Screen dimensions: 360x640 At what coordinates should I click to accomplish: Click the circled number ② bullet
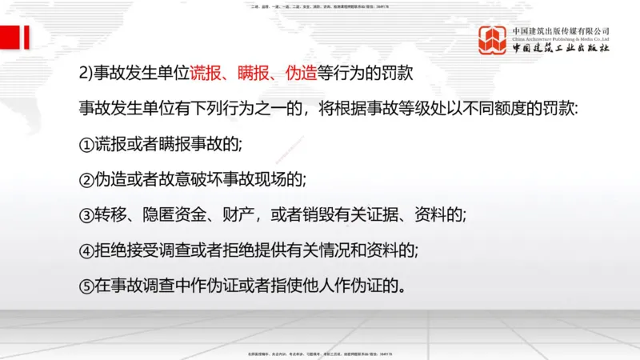pos(87,180)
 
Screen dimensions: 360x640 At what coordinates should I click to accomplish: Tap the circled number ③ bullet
pos(87,215)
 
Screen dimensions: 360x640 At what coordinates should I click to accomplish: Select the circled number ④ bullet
pos(87,250)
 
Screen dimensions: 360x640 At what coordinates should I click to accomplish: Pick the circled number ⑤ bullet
pos(87,286)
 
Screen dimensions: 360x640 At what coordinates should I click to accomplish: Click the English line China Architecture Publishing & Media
pos(561,39)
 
